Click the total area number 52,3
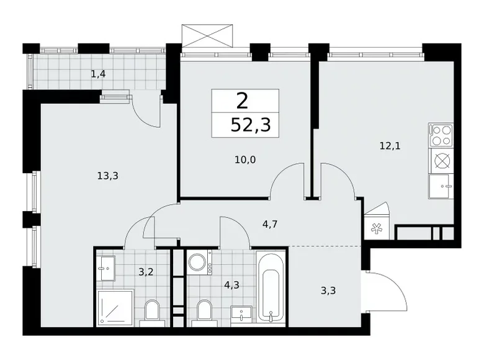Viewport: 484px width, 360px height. tap(250, 125)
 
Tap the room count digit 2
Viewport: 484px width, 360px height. tap(243, 100)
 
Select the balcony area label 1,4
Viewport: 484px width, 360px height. tap(98, 74)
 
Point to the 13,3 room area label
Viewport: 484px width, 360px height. tap(107, 176)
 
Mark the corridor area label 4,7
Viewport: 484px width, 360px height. tap(269, 224)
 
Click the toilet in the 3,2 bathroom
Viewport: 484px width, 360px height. tap(151, 311)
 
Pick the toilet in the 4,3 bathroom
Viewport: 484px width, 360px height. tap(203, 312)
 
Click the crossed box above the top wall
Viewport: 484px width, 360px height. tap(210, 35)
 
